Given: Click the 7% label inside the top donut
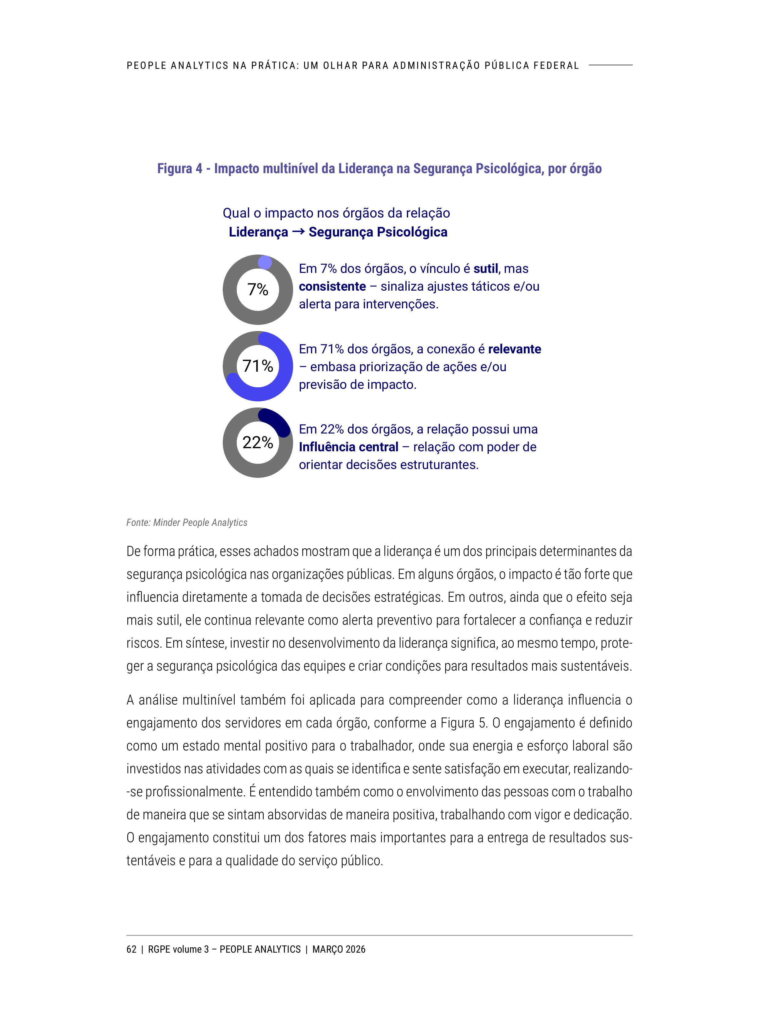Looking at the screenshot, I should tap(258, 290).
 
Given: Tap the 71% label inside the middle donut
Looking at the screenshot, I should tap(258, 366).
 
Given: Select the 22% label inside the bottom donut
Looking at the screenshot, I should tap(258, 442).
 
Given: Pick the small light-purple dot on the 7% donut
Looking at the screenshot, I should tap(265, 262).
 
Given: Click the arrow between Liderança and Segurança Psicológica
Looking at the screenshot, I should tap(298, 232).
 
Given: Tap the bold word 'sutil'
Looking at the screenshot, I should tap(486, 269).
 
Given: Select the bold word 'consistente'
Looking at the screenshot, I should tap(332, 286).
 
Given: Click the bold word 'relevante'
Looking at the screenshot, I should tap(514, 349).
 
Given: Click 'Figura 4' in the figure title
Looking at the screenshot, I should tap(179, 169).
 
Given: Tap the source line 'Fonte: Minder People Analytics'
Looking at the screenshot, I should tap(187, 523).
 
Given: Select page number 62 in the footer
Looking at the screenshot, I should tap(131, 949).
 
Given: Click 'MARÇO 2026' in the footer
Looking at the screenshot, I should tap(339, 949).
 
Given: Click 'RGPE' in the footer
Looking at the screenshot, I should tap(159, 949).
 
